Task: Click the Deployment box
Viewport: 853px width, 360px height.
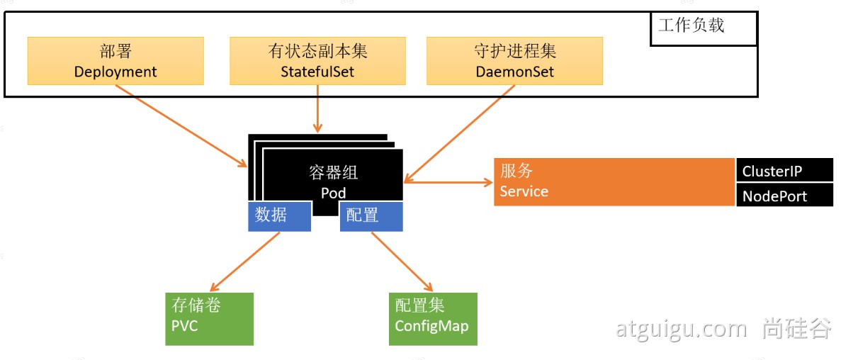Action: pos(115,61)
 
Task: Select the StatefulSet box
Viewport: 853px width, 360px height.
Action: pos(317,61)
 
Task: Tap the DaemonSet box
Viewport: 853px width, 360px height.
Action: pos(514,61)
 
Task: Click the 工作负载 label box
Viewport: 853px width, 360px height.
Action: pos(703,28)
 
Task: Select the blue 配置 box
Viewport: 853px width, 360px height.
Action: pos(371,215)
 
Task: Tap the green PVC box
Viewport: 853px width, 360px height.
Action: pos(209,318)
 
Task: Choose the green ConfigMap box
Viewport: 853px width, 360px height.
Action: pos(433,318)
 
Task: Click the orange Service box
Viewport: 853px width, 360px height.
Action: pos(614,182)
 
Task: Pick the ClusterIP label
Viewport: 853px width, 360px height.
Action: pos(784,170)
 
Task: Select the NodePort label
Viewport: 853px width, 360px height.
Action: pos(784,196)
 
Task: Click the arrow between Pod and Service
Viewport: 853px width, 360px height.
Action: pos(448,182)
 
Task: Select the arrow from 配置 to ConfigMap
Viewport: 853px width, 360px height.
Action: pos(402,261)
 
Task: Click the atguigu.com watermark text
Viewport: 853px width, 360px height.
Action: pos(681,329)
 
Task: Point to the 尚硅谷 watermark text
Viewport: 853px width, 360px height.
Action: pos(798,328)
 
